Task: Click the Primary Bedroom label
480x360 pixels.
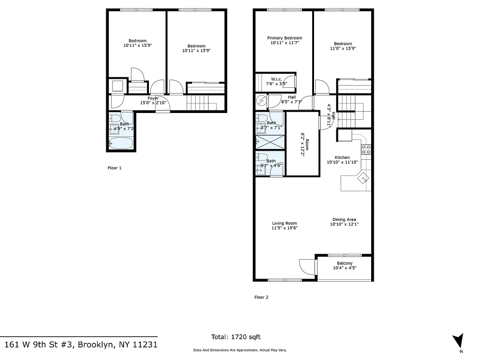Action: [284, 38]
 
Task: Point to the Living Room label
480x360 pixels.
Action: [284, 223]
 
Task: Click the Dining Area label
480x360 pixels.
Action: [344, 220]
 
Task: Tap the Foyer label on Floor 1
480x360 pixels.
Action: [153, 98]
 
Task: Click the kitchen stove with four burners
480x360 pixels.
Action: [366, 149]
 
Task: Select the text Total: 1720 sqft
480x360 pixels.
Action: [236, 337]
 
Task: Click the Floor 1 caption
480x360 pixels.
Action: [114, 168]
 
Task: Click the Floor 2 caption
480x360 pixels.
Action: [261, 297]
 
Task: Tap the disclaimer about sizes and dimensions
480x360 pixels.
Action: [240, 350]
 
